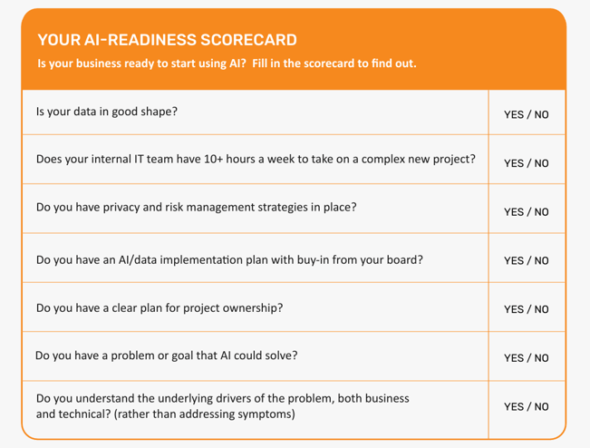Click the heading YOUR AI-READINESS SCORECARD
(167, 41)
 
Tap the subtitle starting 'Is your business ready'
(227, 64)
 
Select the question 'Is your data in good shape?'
(107, 112)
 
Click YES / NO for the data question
(527, 115)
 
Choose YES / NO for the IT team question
(527, 163)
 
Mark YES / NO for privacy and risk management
(527, 212)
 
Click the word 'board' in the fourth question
(401, 258)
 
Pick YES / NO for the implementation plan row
(527, 261)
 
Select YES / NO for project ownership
(527, 309)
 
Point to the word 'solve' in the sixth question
(279, 355)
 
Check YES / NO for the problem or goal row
(527, 358)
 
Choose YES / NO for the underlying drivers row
(527, 406)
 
